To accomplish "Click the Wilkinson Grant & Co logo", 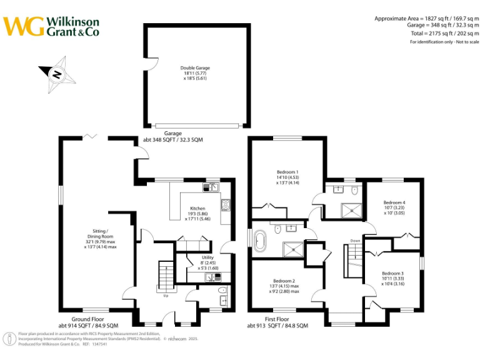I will click(51, 26).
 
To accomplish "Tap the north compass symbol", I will click(57, 74).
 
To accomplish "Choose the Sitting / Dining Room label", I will click(100, 239).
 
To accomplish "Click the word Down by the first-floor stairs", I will click(355, 241).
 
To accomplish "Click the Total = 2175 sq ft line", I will click(444, 32).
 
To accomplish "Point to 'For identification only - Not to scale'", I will click(444, 42).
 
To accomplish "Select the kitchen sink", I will click(211, 186).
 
